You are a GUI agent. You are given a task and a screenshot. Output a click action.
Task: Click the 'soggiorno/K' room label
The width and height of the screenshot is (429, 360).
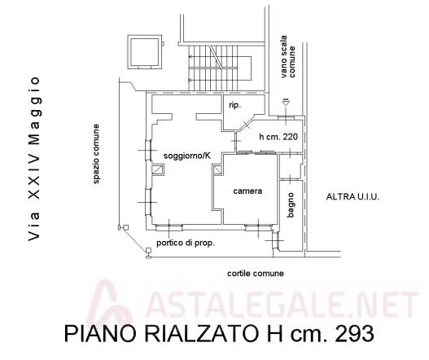pos(187,156)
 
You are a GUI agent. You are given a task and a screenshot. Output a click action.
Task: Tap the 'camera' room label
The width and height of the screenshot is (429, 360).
pos(247,191)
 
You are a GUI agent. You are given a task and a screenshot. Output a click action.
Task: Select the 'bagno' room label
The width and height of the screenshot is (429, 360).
pos(291,204)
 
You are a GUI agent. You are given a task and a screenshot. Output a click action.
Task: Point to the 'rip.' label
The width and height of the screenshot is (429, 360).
pos(235,105)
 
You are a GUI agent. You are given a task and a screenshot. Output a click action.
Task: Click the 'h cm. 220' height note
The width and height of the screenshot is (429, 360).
pos(278,137)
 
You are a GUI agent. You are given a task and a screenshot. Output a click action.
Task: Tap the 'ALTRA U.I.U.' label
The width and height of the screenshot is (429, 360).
pos(352,197)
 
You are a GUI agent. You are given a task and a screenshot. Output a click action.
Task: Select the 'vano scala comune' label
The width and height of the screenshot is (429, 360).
pos(288,56)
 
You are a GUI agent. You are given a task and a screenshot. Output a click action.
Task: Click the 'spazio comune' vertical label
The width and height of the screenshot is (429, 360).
pos(96,154)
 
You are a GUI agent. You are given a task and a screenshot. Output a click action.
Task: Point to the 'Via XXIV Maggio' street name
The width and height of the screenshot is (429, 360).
pos(34,159)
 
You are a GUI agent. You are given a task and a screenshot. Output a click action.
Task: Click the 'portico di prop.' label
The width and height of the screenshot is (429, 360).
pos(186,243)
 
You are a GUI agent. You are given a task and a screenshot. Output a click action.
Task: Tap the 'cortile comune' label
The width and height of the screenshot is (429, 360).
pos(256,273)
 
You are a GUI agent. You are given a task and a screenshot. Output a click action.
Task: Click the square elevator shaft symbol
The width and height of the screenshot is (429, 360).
pos(145,52)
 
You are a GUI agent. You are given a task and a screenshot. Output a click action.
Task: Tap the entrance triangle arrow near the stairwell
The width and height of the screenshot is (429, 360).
pos(286,103)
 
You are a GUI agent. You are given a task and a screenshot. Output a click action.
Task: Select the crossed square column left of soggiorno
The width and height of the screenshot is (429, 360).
pos(158,169)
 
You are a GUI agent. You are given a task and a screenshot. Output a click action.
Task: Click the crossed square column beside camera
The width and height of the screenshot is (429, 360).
pos(218,169)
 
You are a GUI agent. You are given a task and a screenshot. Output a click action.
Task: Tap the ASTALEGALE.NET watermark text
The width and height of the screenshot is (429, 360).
pos(282,304)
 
